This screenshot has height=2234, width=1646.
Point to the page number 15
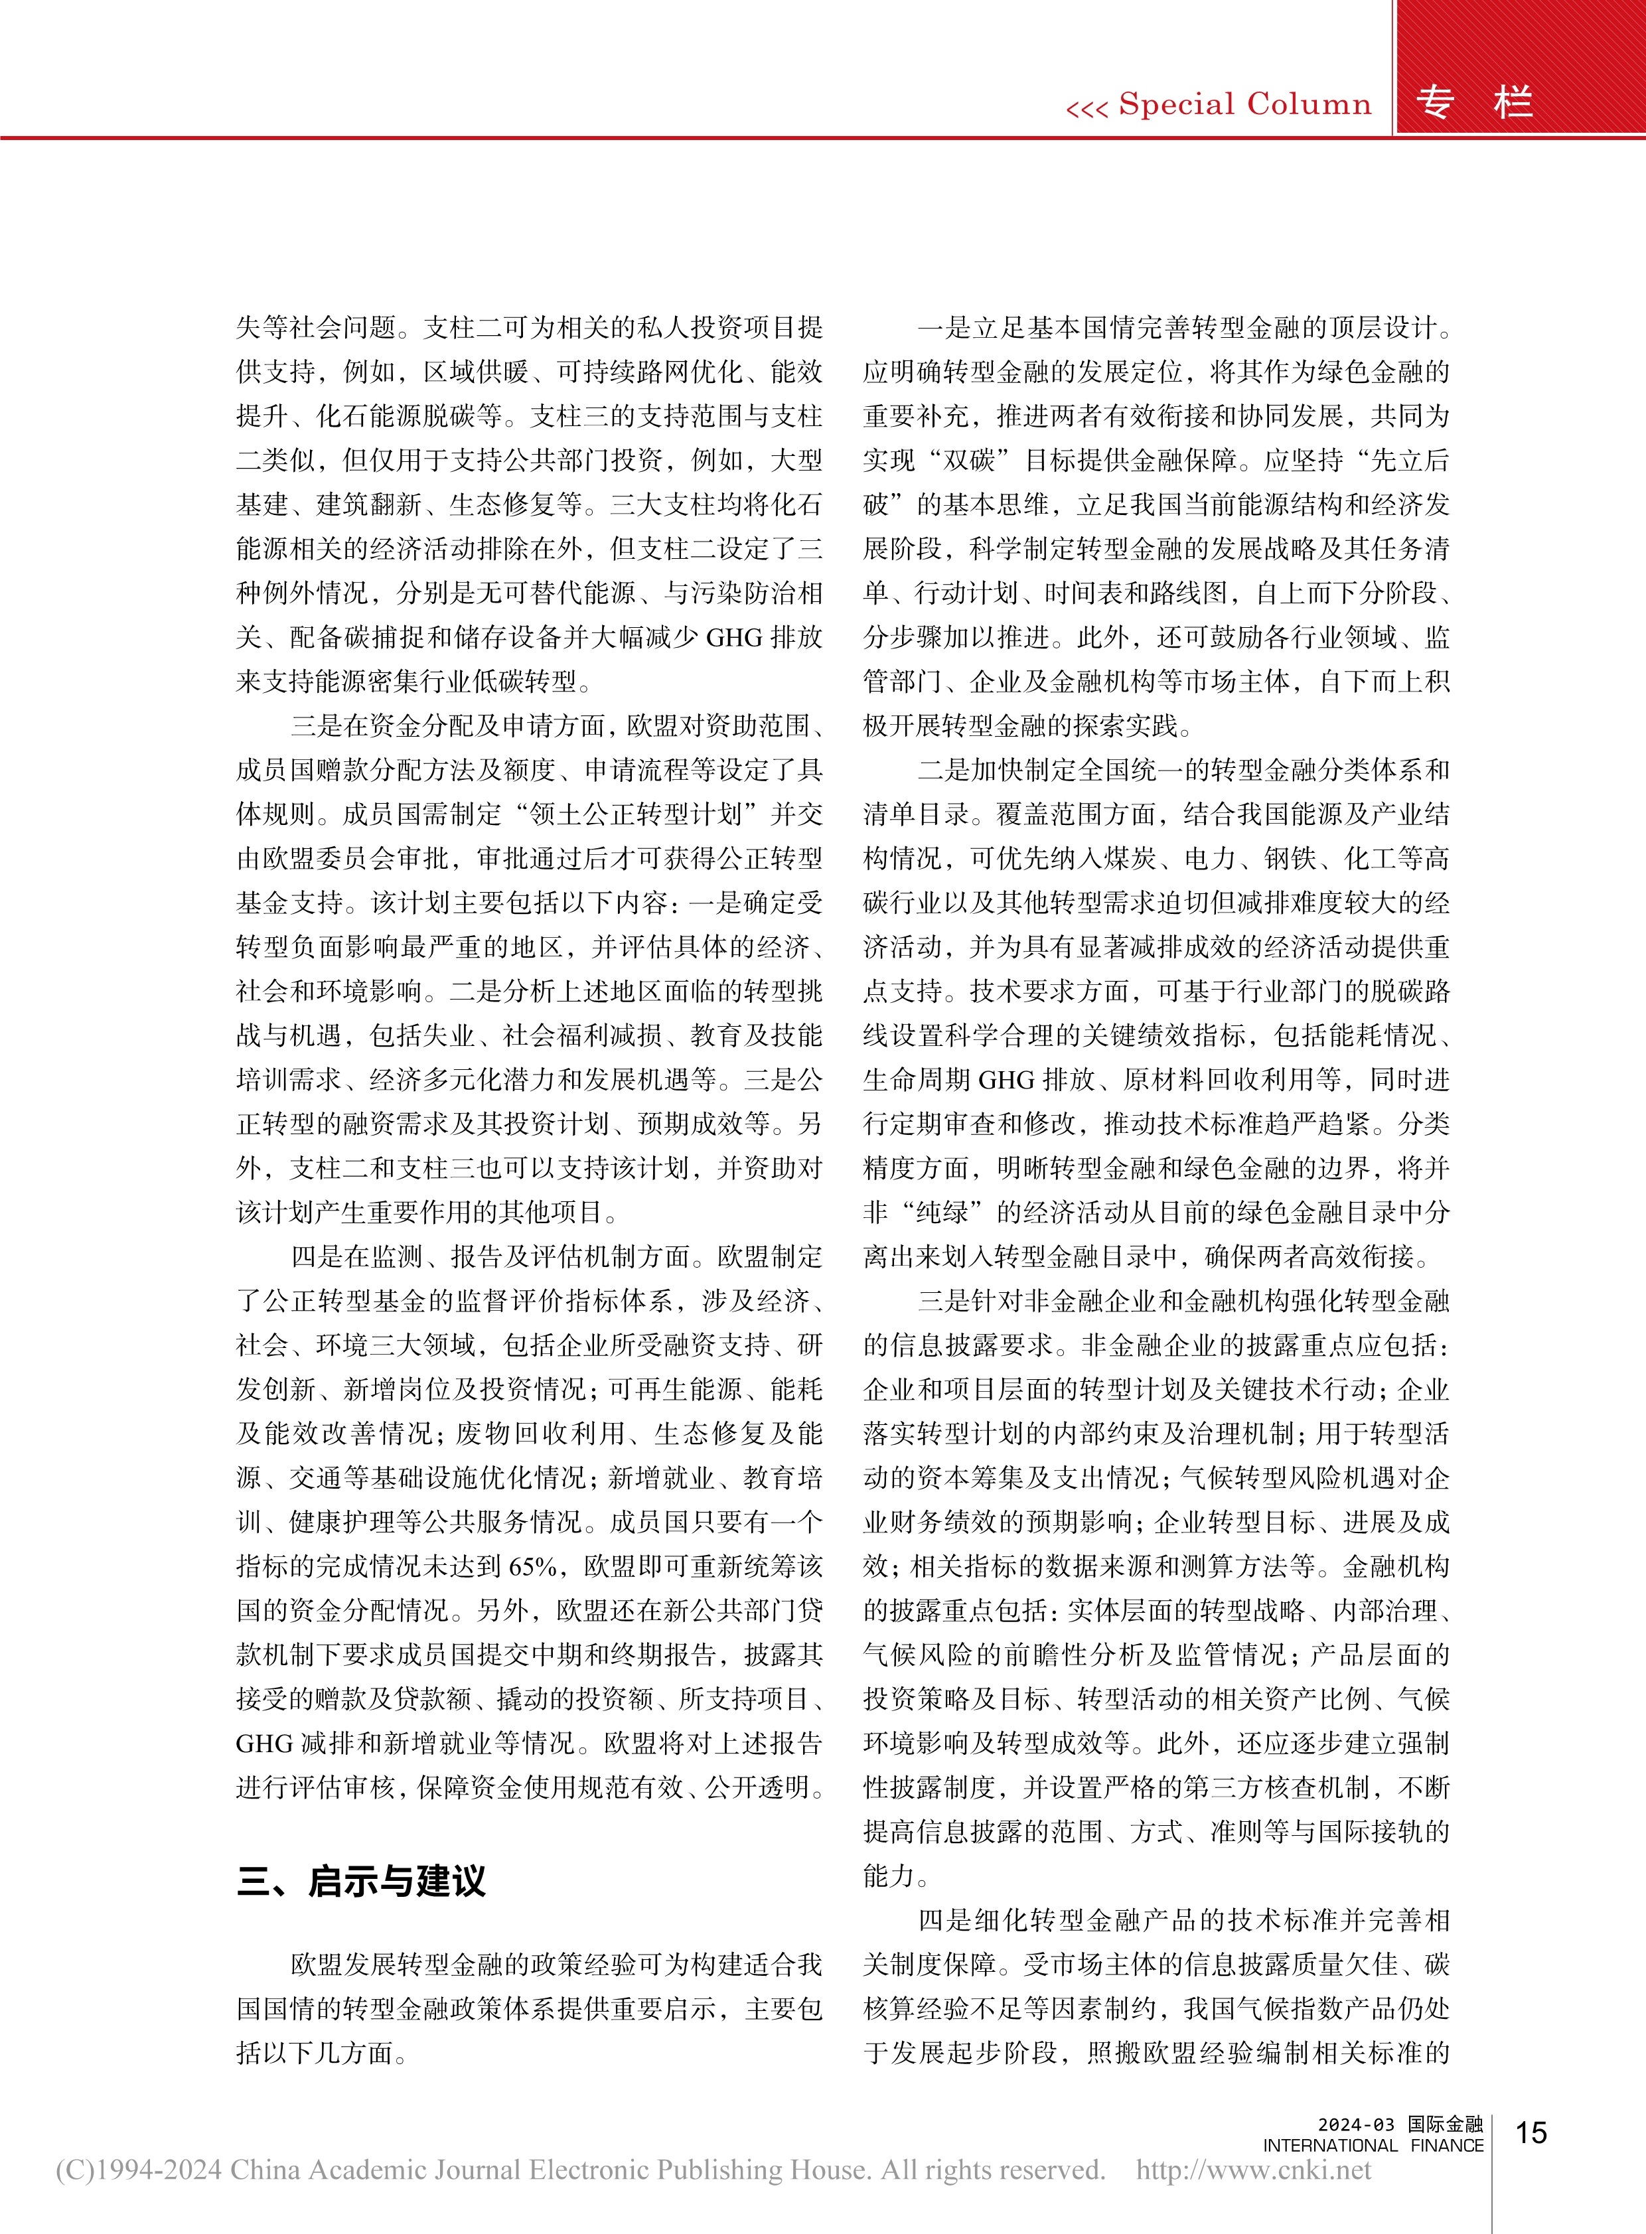[1531, 2132]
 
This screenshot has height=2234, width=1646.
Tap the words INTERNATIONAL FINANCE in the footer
[1373, 2145]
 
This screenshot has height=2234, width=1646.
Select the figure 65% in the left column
[532, 1566]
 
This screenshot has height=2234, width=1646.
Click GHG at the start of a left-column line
[263, 1743]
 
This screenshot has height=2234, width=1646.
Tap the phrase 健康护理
[340, 1522]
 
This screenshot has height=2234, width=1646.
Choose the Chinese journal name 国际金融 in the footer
[1445, 2124]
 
